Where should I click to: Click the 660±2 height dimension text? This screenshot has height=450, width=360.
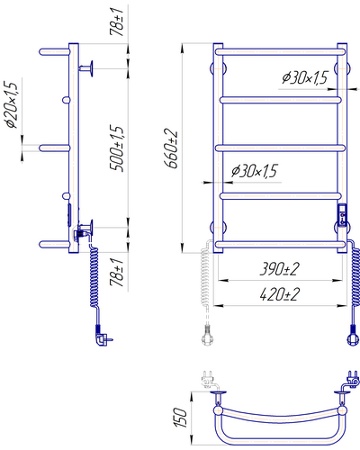[x=171, y=148]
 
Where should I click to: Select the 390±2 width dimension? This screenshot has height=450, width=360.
[x=279, y=269]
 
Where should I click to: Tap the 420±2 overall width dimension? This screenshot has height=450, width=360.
[x=279, y=294]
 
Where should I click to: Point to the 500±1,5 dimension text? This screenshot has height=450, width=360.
[x=117, y=148]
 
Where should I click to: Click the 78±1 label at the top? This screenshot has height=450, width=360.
[x=117, y=22]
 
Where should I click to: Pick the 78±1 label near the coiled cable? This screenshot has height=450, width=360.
[x=117, y=273]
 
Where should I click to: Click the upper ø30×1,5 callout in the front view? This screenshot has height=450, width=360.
[x=304, y=78]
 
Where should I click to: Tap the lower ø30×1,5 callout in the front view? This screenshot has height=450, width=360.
[x=255, y=171]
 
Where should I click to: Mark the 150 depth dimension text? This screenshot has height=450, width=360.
[x=180, y=418]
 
